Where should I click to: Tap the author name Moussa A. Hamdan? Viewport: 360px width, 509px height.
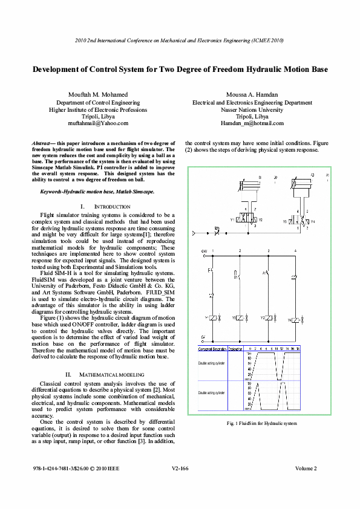click(252, 95)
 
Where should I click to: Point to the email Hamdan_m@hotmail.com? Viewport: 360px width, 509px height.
click(252, 123)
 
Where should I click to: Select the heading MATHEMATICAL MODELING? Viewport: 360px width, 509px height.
click(113, 374)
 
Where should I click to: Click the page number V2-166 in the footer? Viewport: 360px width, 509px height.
click(180, 468)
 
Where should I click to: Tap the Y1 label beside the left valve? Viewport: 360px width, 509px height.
click(232, 219)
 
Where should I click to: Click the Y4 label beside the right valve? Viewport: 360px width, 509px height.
click(313, 222)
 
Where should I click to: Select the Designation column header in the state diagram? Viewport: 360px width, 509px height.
click(235, 349)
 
